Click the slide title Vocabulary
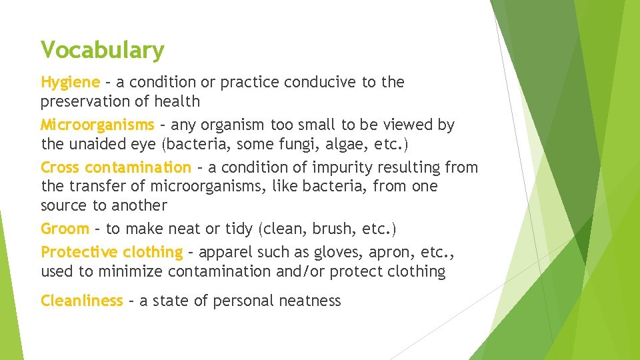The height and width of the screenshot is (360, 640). (102, 50)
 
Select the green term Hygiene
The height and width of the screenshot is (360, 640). (70, 83)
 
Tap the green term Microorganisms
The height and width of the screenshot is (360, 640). (97, 125)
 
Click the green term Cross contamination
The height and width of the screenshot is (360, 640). (115, 167)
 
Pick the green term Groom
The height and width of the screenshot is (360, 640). (65, 229)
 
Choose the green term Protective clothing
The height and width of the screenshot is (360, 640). (111, 252)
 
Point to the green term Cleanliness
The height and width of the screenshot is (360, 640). (81, 301)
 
